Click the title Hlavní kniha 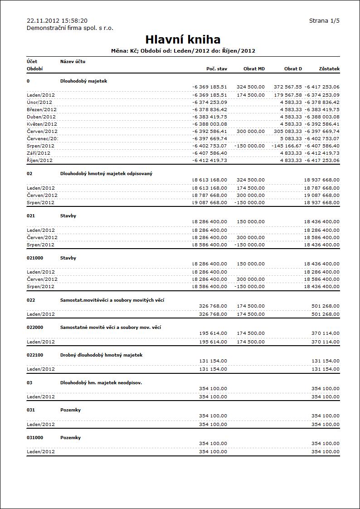tap(183, 39)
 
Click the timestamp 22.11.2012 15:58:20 tap(57, 20)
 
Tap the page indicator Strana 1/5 tap(324, 20)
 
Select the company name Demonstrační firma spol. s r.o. tap(70, 28)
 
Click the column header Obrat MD tap(254, 69)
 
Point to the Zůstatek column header tap(329, 69)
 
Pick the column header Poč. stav tap(217, 69)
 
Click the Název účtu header tap(73, 61)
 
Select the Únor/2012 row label tap(39, 103)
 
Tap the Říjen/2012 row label tap(40, 161)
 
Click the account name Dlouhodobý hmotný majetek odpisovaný tap(107, 174)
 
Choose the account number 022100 tap(35, 355)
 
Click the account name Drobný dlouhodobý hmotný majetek tap(101, 355)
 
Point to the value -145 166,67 tap(287, 146)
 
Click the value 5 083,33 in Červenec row tap(291, 139)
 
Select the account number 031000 tap(35, 438)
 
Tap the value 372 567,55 tap(288, 87)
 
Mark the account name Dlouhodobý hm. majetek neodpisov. tap(101, 383)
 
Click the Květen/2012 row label tap(41, 124)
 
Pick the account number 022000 tap(35, 328)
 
